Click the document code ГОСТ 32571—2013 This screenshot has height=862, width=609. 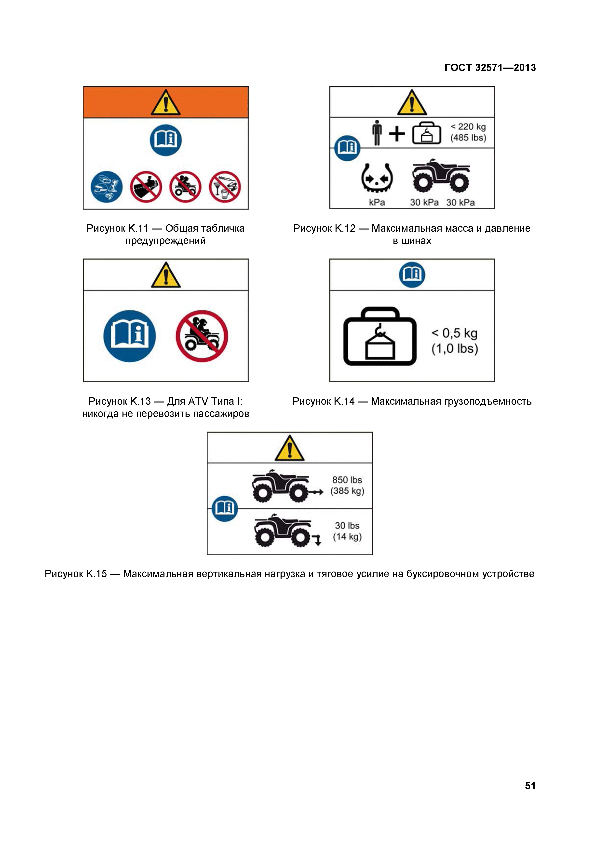click(x=490, y=68)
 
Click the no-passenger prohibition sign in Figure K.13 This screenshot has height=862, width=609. click(x=202, y=336)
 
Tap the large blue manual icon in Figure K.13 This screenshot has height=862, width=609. click(x=130, y=336)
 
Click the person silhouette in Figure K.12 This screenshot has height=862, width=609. click(x=377, y=132)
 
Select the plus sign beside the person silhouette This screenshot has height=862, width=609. click(x=397, y=134)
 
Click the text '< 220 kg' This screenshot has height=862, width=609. click(x=468, y=127)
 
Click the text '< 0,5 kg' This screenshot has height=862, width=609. click(x=455, y=333)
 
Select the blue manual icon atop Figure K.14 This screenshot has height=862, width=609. click(x=412, y=275)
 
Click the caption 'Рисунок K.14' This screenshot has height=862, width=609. click(x=323, y=401)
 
